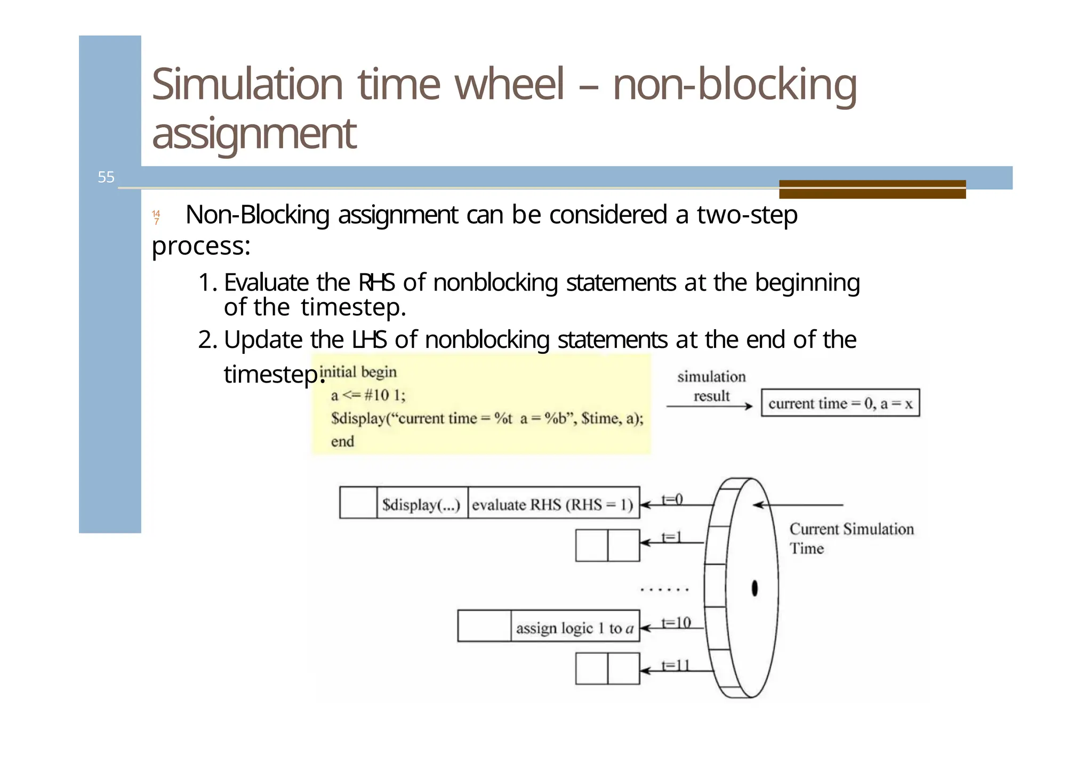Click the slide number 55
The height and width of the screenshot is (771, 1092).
pyautogui.click(x=106, y=177)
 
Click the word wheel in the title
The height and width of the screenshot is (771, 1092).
pyautogui.click(x=509, y=84)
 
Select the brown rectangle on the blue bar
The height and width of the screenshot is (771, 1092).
pyautogui.click(x=872, y=189)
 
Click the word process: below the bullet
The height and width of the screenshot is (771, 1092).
pyautogui.click(x=201, y=246)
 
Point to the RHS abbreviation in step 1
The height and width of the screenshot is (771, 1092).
pyautogui.click(x=376, y=282)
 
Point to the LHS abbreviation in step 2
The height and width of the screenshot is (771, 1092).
pyautogui.click(x=368, y=339)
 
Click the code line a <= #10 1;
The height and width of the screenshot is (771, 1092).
pyautogui.click(x=368, y=395)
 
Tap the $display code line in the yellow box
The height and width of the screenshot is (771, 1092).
pyautogui.click(x=486, y=418)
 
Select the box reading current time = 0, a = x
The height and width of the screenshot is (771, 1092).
pyautogui.click(x=840, y=403)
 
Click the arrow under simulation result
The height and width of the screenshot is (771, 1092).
pyautogui.click(x=709, y=407)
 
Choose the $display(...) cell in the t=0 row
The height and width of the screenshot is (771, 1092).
pyautogui.click(x=421, y=504)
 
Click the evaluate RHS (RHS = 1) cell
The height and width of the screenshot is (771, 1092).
pyautogui.click(x=553, y=504)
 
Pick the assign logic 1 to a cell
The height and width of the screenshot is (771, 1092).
pyautogui.click(x=574, y=628)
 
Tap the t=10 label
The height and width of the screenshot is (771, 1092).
pyautogui.click(x=676, y=622)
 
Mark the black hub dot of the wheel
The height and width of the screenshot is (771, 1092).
pyautogui.click(x=754, y=588)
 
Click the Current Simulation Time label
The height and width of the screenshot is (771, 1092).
pyautogui.click(x=851, y=538)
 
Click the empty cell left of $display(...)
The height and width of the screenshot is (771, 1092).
pyautogui.click(x=358, y=502)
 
